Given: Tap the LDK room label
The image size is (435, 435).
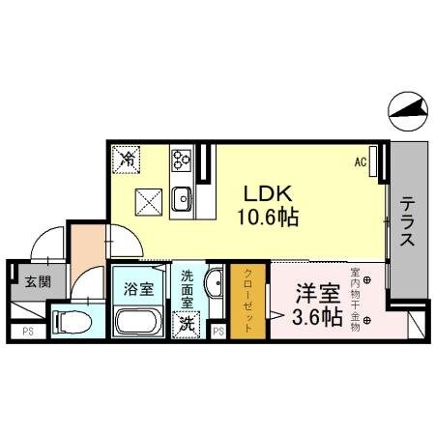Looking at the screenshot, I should click(x=260, y=191).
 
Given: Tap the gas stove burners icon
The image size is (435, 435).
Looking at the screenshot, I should click(x=181, y=159).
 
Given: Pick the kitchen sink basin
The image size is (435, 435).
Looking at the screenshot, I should click(x=181, y=198).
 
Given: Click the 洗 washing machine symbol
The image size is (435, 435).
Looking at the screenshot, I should click(x=184, y=324).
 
